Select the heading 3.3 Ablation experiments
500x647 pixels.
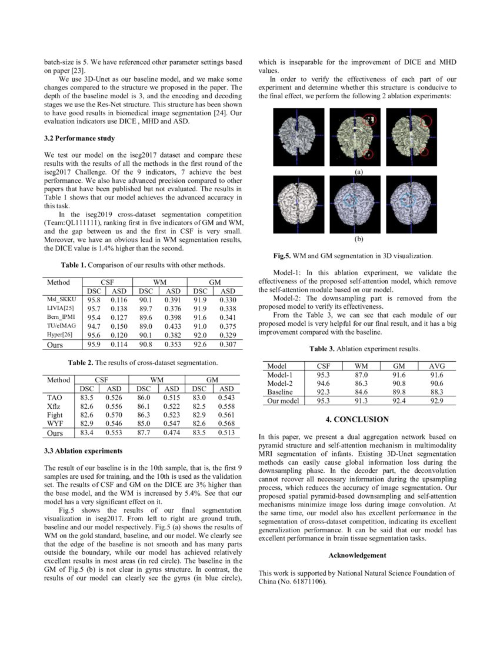pyautogui.click(x=83, y=451)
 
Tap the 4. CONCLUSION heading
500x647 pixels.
pyautogui.click(x=357, y=419)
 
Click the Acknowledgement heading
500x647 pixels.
pyautogui.click(x=357, y=555)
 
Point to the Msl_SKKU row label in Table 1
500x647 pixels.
pyautogui.click(x=61, y=300)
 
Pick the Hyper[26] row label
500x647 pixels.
pyautogui.click(x=61, y=333)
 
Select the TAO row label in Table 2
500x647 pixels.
pyautogui.click(x=55, y=398)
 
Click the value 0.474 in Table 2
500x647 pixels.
pyautogui.click(x=172, y=433)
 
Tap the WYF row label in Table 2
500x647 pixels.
pyautogui.click(x=55, y=423)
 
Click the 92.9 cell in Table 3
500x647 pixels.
pyautogui.click(x=436, y=401)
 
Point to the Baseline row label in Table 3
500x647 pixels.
pyautogui.click(x=280, y=392)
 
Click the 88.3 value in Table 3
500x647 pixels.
pyautogui.click(x=436, y=392)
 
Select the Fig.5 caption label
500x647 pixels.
pyautogui.click(x=285, y=256)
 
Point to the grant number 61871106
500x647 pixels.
pyautogui.click(x=307, y=582)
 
